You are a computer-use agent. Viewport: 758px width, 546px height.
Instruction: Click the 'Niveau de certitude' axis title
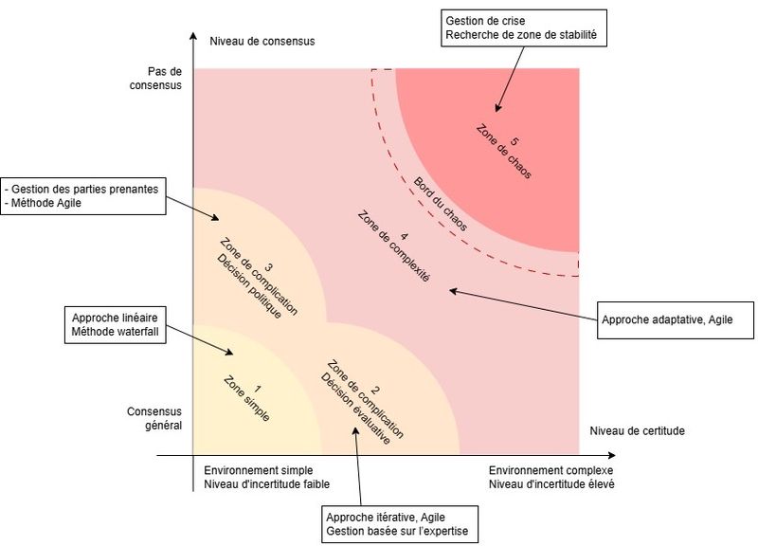click(x=637, y=430)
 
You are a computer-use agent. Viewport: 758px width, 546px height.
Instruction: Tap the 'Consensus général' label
click(x=153, y=418)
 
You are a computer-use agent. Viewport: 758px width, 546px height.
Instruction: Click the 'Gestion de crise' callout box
click(x=523, y=29)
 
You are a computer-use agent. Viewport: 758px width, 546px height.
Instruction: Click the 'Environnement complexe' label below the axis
click(x=550, y=470)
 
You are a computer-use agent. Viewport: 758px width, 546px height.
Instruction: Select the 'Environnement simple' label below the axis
click(x=259, y=470)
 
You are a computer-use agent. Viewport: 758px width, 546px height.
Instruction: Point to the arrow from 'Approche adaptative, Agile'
click(x=521, y=305)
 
